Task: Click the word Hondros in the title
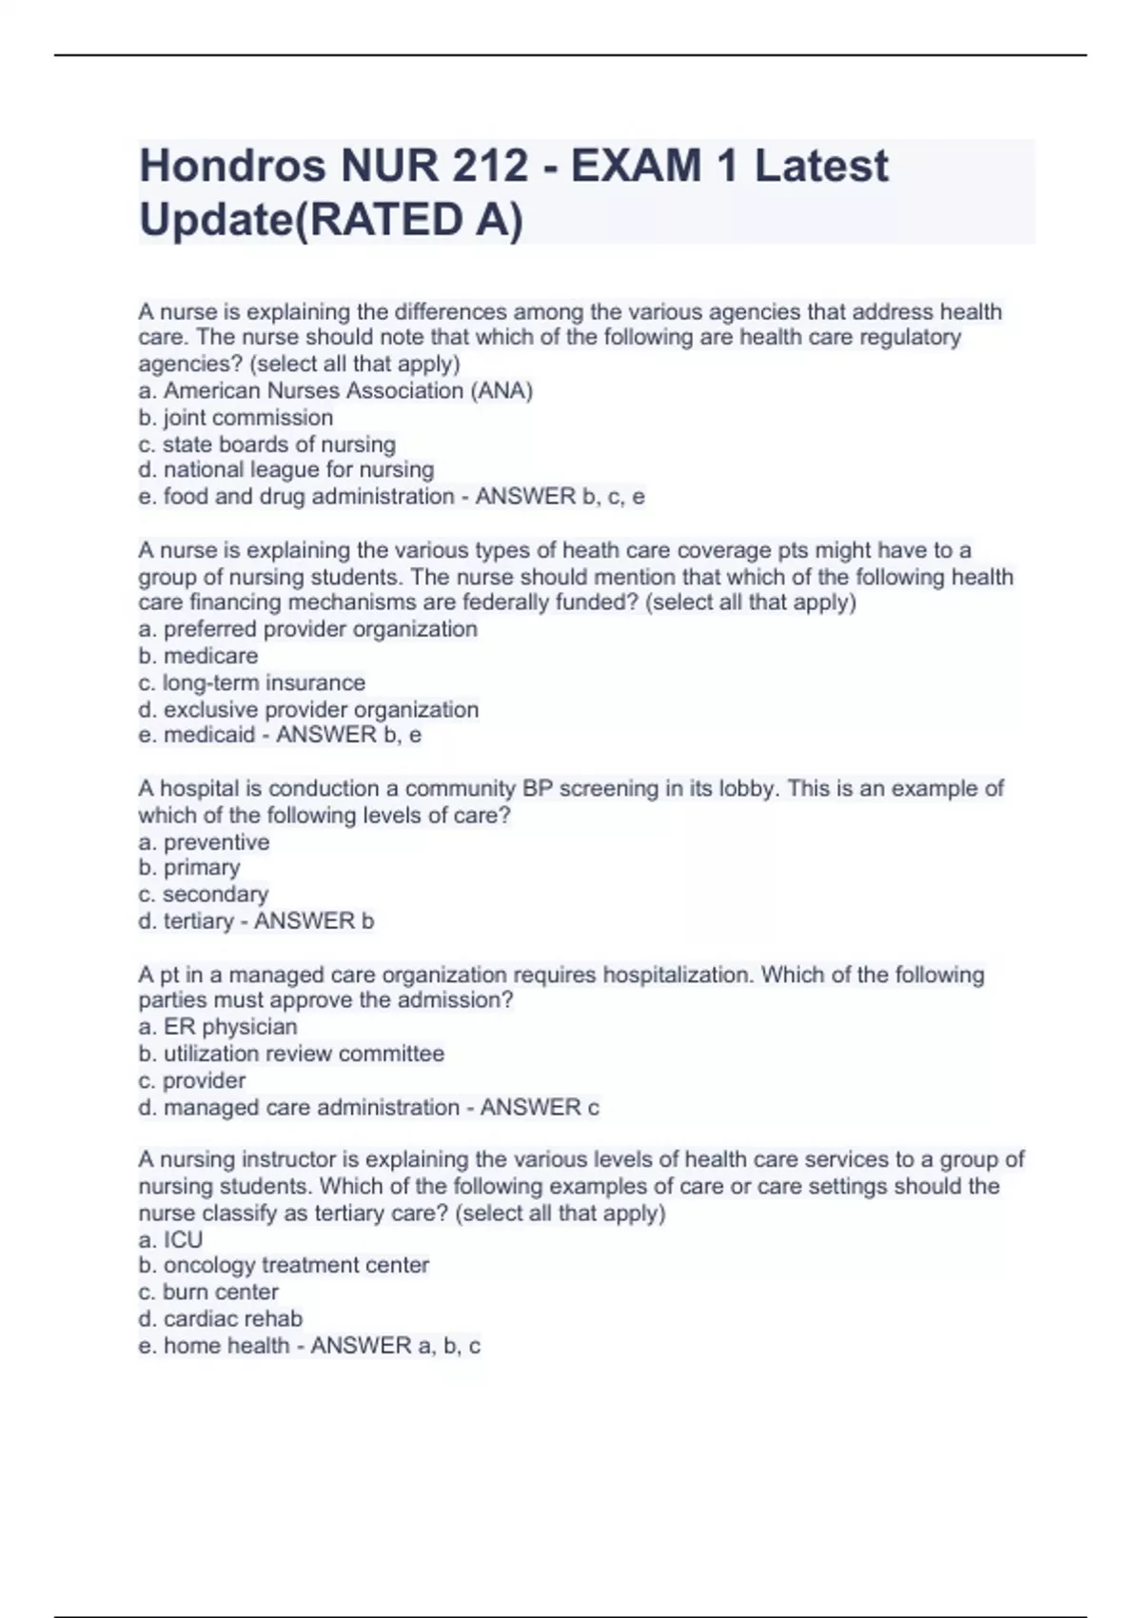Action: (232, 166)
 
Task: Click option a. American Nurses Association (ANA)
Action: (335, 390)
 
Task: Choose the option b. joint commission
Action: (235, 417)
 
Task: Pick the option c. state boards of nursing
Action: (266, 444)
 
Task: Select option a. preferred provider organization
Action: (307, 628)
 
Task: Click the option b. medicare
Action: (198, 656)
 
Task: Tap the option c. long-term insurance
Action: (251, 682)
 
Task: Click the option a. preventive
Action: (204, 842)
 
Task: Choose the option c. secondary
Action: (203, 894)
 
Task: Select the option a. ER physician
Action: (217, 1026)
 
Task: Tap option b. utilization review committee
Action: (291, 1054)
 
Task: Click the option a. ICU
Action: (170, 1239)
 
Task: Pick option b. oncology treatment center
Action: (284, 1265)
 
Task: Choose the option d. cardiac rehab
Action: (220, 1318)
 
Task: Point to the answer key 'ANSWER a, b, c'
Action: (395, 1345)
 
